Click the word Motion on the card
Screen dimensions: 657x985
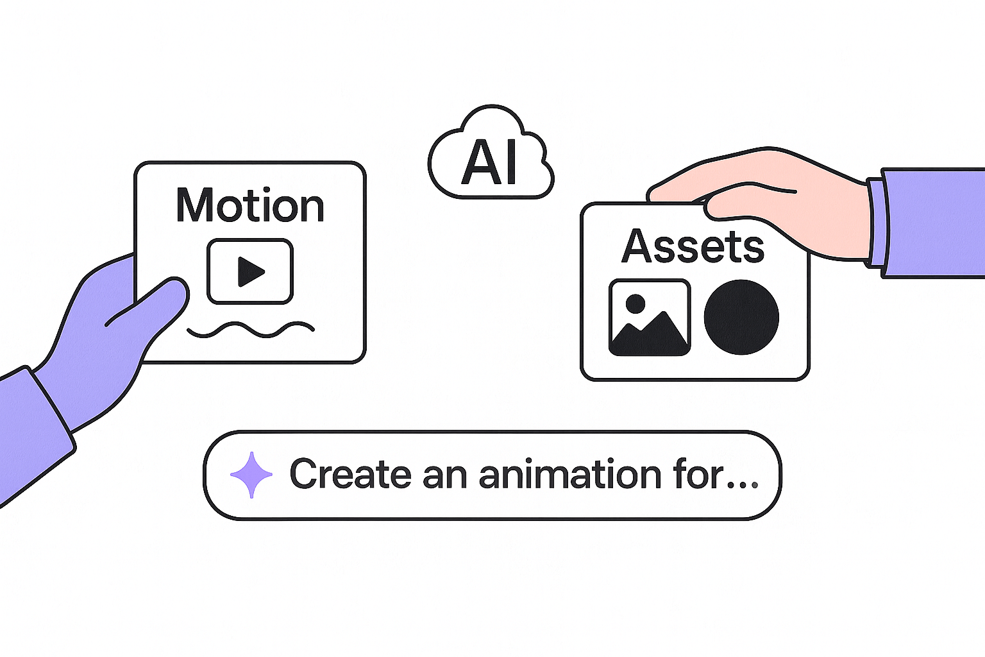(250, 206)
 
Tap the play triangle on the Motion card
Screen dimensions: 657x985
(250, 271)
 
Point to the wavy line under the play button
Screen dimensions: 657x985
(250, 330)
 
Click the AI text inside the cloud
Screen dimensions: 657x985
(490, 163)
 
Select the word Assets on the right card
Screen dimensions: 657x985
(693, 246)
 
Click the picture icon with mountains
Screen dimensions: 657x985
(649, 318)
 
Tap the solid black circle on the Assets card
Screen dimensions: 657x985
(741, 317)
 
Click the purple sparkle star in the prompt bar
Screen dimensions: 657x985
(251, 475)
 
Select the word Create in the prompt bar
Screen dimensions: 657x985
(350, 475)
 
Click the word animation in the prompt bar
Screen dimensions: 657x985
(570, 475)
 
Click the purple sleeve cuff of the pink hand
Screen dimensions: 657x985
(877, 223)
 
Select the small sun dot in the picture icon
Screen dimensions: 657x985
(635, 303)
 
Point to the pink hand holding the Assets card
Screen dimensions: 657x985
(770, 192)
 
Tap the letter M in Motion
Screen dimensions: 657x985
(194, 206)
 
